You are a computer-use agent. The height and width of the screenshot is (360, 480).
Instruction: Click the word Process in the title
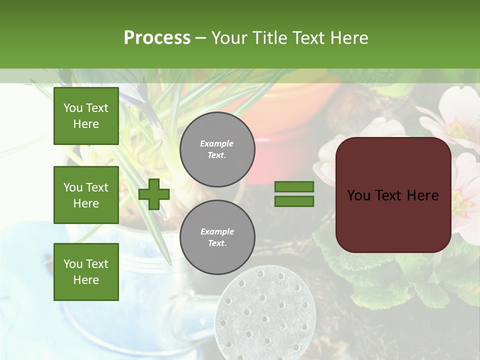pos(157,38)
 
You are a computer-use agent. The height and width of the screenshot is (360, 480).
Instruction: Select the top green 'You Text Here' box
pos(86,116)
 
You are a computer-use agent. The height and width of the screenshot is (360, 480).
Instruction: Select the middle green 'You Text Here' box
pos(86,195)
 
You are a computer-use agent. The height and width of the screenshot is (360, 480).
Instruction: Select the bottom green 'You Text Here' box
pos(86,272)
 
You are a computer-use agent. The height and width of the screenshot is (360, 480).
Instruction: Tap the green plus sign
pos(154,194)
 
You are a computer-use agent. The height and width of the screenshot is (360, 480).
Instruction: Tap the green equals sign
pos(294,194)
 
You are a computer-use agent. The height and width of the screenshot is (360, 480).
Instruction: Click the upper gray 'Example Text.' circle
pos(217,149)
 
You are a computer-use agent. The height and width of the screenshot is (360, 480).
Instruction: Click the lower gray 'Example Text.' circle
pos(217,237)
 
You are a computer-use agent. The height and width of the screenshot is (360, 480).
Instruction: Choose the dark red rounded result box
pos(393,195)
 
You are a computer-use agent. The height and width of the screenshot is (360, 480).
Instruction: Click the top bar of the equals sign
pos(294,186)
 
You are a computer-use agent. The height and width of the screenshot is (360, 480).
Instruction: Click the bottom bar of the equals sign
pos(294,201)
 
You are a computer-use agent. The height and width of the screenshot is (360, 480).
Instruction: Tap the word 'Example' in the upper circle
pos(217,143)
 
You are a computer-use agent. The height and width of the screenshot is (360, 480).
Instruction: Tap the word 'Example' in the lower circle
pos(217,231)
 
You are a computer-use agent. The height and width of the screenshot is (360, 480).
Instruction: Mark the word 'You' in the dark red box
pos(359,195)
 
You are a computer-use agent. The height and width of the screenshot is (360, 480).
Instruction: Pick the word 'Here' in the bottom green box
pos(86,280)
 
